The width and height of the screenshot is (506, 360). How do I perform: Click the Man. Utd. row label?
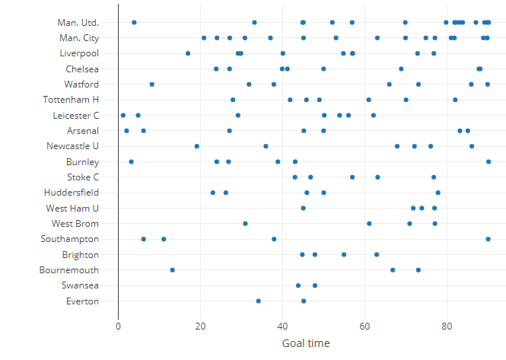click(x=78, y=23)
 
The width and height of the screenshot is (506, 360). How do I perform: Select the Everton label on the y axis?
click(x=82, y=301)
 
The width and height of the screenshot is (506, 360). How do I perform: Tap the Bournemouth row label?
click(x=69, y=270)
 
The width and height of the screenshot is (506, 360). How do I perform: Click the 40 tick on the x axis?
click(x=283, y=326)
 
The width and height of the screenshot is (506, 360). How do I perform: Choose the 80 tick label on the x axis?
click(x=447, y=326)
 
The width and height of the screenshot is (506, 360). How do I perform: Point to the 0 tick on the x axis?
click(x=119, y=326)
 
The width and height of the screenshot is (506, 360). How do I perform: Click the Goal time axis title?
click(x=306, y=343)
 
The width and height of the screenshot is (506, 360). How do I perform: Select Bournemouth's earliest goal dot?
click(x=173, y=270)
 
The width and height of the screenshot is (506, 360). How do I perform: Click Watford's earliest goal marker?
click(x=152, y=84)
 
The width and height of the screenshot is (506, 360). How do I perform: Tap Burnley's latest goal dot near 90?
click(x=488, y=161)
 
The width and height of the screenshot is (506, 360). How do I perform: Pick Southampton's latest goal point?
click(x=488, y=239)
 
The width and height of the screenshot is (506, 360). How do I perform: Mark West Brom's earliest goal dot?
click(x=245, y=224)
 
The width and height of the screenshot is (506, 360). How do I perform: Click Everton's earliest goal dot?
click(x=259, y=301)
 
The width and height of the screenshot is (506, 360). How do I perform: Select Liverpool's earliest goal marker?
click(x=188, y=53)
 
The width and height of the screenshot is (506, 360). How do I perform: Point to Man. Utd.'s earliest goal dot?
click(x=134, y=23)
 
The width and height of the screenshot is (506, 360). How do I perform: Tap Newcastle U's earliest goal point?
click(x=197, y=146)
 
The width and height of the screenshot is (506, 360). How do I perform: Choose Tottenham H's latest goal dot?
click(x=455, y=100)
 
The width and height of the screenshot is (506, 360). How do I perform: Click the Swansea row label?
click(x=81, y=285)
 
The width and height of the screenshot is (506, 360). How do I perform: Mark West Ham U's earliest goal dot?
click(x=304, y=208)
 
